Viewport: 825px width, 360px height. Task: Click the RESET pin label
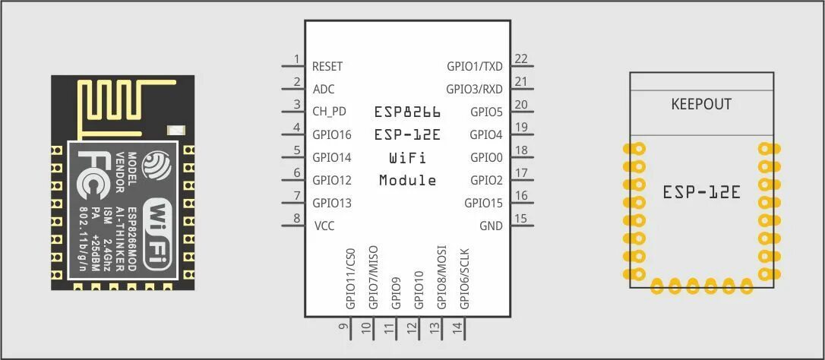click(327, 67)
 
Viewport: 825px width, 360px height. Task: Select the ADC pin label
click(324, 89)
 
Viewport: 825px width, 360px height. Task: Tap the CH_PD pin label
click(330, 112)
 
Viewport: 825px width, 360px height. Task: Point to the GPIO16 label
click(332, 135)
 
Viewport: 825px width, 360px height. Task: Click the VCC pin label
click(324, 226)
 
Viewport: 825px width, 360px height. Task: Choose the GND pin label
click(491, 226)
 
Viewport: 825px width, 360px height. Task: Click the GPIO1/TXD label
click(475, 67)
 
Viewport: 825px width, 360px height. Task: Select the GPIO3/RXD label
click(474, 89)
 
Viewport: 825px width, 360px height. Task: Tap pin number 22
click(521, 58)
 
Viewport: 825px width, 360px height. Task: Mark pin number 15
click(521, 218)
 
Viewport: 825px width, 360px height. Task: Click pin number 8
click(296, 218)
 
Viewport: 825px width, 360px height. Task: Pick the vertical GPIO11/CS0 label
click(350, 277)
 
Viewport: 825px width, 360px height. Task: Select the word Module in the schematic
click(407, 181)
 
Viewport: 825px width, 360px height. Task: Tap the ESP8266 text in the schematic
click(407, 112)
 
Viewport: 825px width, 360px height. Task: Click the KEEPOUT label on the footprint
click(701, 104)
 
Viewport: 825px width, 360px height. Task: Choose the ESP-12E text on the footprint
click(701, 192)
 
